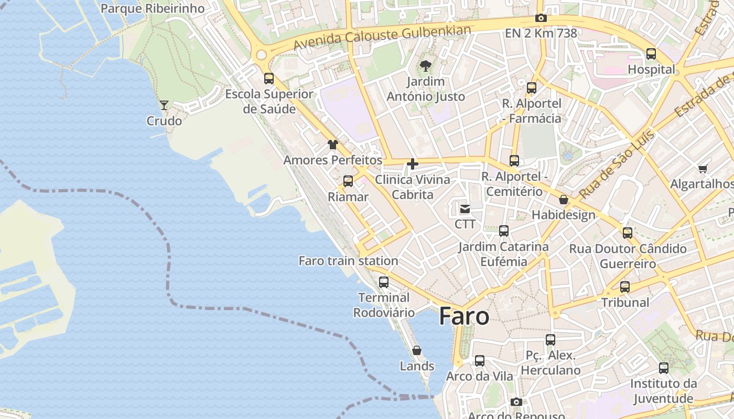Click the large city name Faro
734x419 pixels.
(464, 316)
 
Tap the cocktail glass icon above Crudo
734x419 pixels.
(164, 105)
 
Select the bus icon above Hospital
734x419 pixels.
(651, 53)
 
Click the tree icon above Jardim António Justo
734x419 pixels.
(425, 66)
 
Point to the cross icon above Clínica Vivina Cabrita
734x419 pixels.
(413, 164)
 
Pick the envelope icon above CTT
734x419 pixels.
(465, 209)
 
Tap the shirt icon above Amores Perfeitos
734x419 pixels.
(333, 145)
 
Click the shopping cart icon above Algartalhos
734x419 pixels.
(703, 169)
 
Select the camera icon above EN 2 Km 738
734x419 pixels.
(541, 18)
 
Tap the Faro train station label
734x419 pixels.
(348, 261)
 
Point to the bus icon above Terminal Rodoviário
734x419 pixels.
(384, 282)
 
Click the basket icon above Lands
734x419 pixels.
(417, 350)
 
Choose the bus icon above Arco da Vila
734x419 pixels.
(480, 361)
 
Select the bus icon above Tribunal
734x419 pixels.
(625, 287)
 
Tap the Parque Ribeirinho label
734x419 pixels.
(152, 8)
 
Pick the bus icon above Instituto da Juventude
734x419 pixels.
(664, 368)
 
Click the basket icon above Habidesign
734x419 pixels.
(564, 200)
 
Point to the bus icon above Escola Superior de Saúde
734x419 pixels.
(269, 79)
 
